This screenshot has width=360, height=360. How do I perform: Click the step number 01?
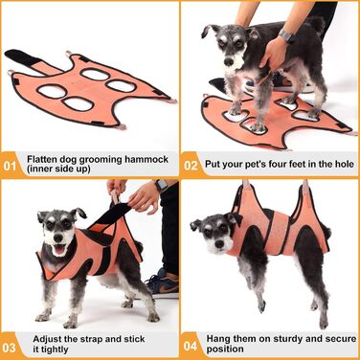[x=10, y=166]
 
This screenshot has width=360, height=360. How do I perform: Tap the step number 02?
[x=191, y=166]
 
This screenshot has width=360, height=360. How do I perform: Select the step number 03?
[x=9, y=348]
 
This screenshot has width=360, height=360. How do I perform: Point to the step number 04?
[x=191, y=346]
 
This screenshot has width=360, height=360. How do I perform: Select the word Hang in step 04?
[x=219, y=338]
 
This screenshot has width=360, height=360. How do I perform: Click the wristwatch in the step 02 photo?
[x=285, y=35]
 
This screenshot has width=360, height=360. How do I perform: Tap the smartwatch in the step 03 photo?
[x=162, y=185]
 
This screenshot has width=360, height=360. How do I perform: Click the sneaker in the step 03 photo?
[x=164, y=283]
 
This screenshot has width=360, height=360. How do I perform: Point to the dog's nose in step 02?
[x=229, y=62]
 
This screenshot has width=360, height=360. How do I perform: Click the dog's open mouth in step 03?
[x=59, y=249]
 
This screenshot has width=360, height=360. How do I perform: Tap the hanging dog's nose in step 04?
[x=219, y=244]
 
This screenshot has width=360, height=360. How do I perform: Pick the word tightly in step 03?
[x=51, y=349]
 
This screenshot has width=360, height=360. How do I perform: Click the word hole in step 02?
[x=342, y=164]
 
